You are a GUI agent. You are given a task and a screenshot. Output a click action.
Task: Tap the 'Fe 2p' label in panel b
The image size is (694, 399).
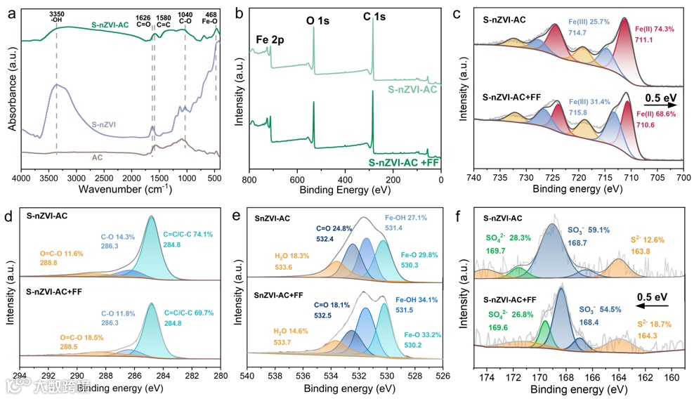tap(270, 39)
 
